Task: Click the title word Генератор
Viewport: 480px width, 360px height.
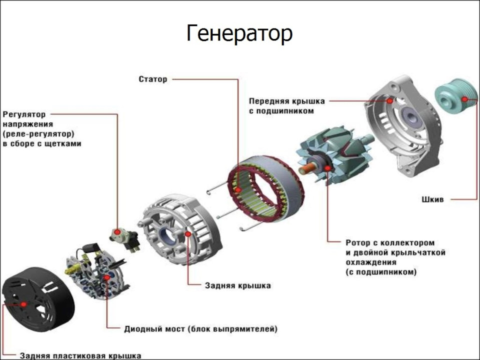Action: (x=239, y=34)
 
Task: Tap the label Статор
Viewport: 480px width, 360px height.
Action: (x=153, y=79)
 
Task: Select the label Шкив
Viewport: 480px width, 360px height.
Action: (x=433, y=199)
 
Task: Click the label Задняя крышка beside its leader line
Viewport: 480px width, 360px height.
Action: (x=238, y=285)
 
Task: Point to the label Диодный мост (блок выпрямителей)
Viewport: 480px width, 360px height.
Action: (x=200, y=329)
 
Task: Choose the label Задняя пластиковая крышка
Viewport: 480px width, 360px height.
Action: (x=80, y=355)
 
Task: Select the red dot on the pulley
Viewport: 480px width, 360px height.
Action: (x=465, y=99)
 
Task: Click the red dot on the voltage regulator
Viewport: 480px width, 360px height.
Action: (x=117, y=232)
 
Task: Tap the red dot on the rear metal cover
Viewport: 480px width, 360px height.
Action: (x=187, y=233)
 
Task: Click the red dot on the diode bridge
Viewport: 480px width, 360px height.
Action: (x=106, y=276)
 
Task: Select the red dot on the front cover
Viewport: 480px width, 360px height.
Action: (x=390, y=100)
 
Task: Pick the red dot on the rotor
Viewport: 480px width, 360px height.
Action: (x=327, y=168)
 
